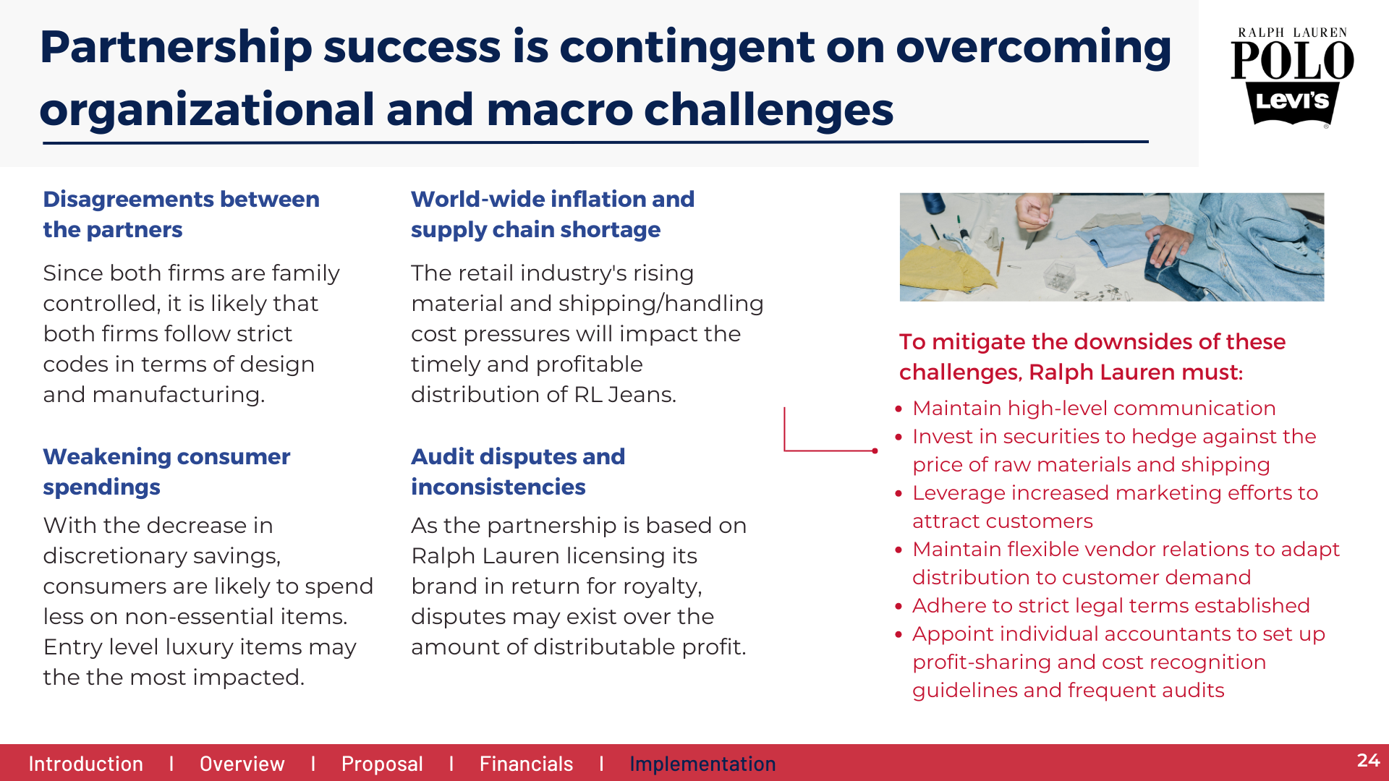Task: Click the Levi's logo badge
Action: point(1292,103)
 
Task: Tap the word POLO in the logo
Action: point(1292,60)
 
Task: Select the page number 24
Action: point(1368,760)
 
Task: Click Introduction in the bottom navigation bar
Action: point(85,764)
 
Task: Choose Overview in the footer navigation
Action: point(242,764)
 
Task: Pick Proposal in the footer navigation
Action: point(382,764)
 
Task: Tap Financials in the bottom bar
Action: point(526,764)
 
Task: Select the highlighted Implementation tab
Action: point(702,764)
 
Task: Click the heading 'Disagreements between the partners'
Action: point(181,214)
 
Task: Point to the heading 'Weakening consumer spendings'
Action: point(166,471)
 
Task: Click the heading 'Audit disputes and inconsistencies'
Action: point(518,471)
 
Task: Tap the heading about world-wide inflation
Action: point(553,214)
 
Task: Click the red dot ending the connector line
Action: point(875,451)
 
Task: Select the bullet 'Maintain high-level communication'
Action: point(1094,408)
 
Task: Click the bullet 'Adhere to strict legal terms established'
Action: point(1111,605)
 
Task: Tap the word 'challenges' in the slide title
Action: point(768,110)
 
